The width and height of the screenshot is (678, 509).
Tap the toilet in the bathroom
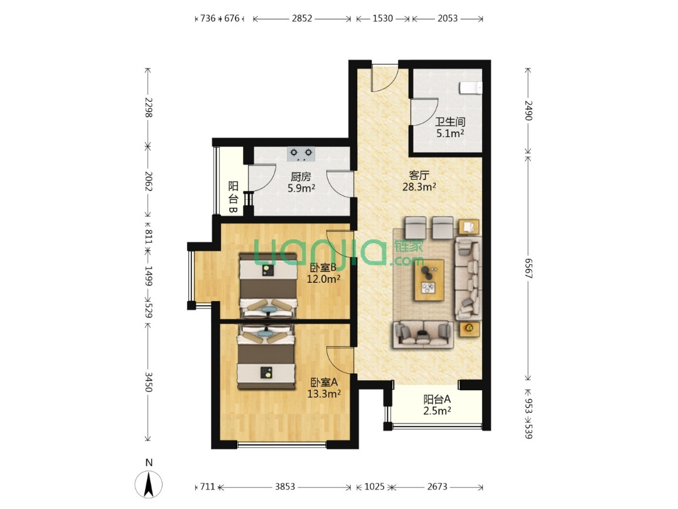pyautogui.click(x=471, y=88)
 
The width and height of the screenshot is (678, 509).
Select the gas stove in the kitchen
pyautogui.click(x=301, y=154)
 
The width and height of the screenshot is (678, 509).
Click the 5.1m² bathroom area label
pyautogui.click(x=450, y=133)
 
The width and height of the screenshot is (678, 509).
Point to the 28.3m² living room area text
pyautogui.click(x=419, y=187)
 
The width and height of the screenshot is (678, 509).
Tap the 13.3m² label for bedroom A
pyautogui.click(x=324, y=394)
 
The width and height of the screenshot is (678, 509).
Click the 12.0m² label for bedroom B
pyautogui.click(x=323, y=279)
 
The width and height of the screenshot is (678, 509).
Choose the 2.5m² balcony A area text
pyautogui.click(x=437, y=411)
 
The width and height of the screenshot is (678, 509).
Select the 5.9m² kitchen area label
pyautogui.click(x=301, y=189)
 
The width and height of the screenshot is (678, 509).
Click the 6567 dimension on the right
pyautogui.click(x=528, y=268)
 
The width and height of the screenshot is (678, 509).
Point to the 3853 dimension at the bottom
pyautogui.click(x=285, y=487)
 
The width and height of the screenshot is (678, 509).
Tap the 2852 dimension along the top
pyautogui.click(x=302, y=19)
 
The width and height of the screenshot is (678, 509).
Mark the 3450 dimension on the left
pyautogui.click(x=148, y=382)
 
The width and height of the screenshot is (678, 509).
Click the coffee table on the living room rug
pyautogui.click(x=429, y=280)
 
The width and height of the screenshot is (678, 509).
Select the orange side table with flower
pyautogui.click(x=469, y=329)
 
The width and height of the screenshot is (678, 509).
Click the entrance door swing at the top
pyautogui.click(x=385, y=78)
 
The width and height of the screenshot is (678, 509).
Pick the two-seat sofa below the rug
pyautogui.click(x=423, y=334)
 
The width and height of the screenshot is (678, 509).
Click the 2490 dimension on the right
pyautogui.click(x=528, y=111)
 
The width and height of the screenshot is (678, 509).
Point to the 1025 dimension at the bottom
pyautogui.click(x=374, y=487)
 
